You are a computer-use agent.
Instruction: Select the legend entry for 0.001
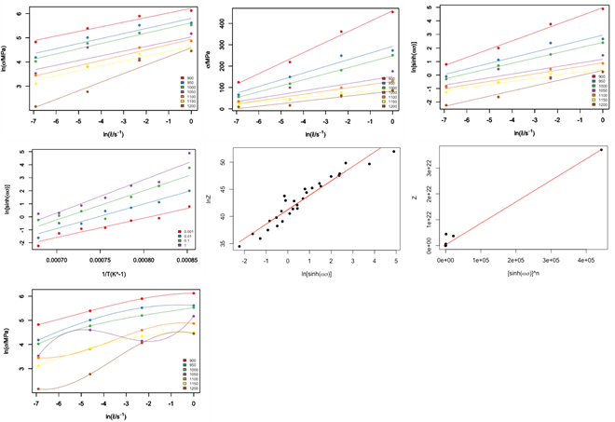(x=183, y=230)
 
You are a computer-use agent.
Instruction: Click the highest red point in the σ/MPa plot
(x=392, y=12)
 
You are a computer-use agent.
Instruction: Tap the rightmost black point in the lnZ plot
(x=393, y=151)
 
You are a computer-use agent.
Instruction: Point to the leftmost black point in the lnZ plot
(x=239, y=246)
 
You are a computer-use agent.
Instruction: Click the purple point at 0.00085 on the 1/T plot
(x=189, y=153)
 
